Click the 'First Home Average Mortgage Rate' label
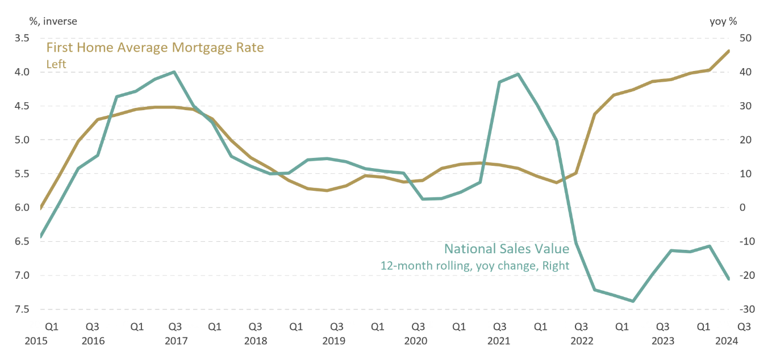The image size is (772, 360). tap(155, 48)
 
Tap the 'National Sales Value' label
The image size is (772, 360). tap(506, 249)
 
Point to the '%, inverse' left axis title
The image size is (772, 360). tap(53, 22)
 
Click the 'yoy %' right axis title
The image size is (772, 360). tap(723, 22)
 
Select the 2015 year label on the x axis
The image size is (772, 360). tap(37, 341)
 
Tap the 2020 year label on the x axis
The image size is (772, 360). tap(416, 341)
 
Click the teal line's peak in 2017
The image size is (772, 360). tap(174, 72)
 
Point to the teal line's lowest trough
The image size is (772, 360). tap(633, 301)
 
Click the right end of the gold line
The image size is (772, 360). tap(729, 51)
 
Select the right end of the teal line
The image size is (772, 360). tap(729, 279)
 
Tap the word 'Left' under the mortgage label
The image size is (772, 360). tap(56, 64)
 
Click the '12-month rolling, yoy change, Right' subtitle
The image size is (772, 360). tap(474, 265)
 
